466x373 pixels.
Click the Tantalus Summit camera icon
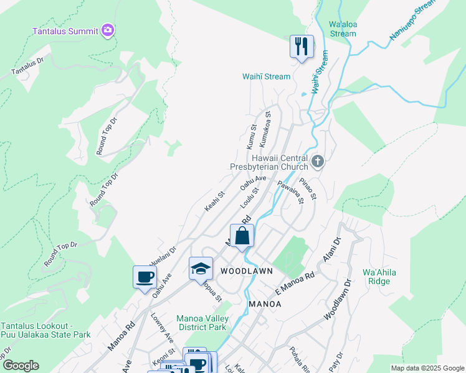108,30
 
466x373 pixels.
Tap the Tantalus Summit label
65,31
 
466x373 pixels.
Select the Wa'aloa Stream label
342,29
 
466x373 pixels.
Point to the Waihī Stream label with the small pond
266,76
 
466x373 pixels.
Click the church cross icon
318,162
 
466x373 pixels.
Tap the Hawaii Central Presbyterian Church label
269,163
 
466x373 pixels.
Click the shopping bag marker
242,236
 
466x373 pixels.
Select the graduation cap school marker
201,269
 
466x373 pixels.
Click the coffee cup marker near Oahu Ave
145,277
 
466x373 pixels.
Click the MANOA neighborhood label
265,304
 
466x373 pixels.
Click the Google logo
20,366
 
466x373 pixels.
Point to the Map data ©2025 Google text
427,368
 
